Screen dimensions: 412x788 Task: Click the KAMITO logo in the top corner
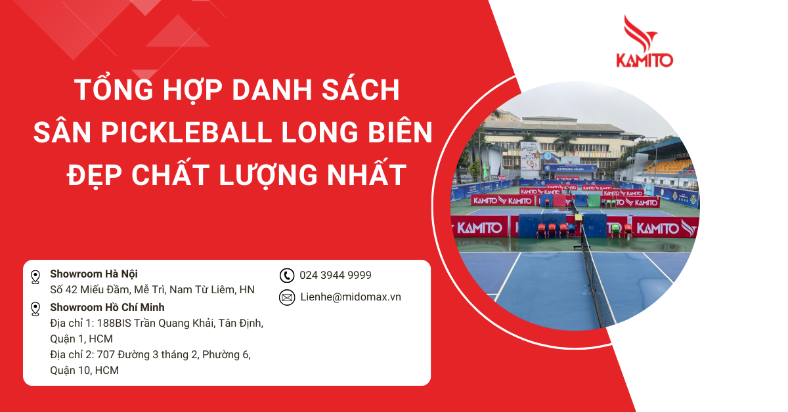click(644, 43)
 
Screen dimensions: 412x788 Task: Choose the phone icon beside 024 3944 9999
click(287, 276)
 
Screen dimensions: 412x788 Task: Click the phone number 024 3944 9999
click(335, 276)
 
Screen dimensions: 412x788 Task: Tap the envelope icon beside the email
click(287, 297)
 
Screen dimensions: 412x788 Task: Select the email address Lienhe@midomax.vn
click(350, 297)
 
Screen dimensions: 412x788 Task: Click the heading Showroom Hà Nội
click(94, 274)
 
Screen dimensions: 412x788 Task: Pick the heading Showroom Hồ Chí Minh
click(107, 308)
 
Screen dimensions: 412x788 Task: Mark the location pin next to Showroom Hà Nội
click(35, 277)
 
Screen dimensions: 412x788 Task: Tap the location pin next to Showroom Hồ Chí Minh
click(35, 310)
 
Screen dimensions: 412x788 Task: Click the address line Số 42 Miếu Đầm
click(91, 290)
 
